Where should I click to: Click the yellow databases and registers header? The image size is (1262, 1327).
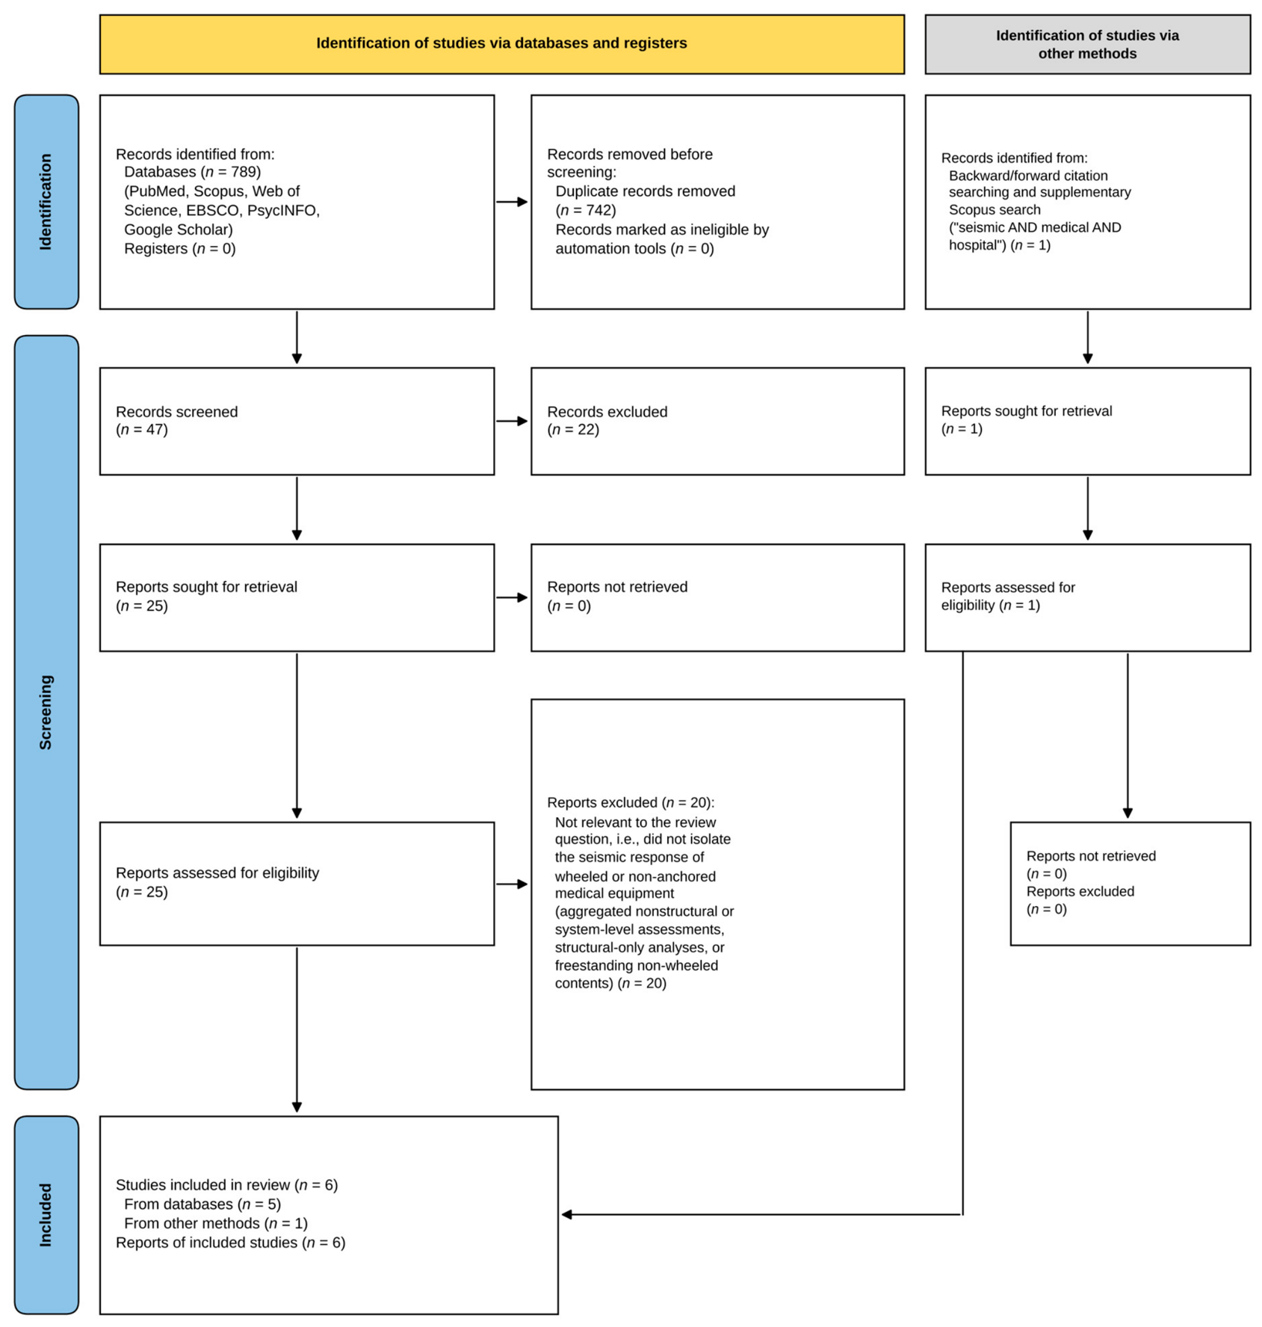(501, 44)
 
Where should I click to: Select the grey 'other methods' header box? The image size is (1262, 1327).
(1087, 44)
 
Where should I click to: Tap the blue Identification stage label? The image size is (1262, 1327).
(46, 202)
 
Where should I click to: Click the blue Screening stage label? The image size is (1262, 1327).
(46, 712)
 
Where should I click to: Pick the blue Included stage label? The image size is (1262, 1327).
(46, 1215)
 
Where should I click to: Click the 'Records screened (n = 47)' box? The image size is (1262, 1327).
(297, 421)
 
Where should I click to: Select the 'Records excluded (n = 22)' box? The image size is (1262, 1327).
(717, 421)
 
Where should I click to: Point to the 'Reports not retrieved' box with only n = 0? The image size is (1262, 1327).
(717, 597)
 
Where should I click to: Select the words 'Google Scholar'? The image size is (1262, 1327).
(179, 230)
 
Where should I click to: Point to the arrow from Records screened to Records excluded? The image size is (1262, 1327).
(512, 421)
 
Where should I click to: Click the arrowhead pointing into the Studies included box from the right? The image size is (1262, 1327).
(566, 1214)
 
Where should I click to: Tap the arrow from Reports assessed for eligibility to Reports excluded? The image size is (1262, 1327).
(512, 884)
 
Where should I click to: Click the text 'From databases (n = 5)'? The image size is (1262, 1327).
(202, 1204)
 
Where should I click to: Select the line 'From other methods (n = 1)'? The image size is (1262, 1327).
(216, 1223)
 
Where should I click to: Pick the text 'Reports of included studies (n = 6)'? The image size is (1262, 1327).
(231, 1243)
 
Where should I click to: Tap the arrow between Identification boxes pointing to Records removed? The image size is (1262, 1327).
(512, 202)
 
